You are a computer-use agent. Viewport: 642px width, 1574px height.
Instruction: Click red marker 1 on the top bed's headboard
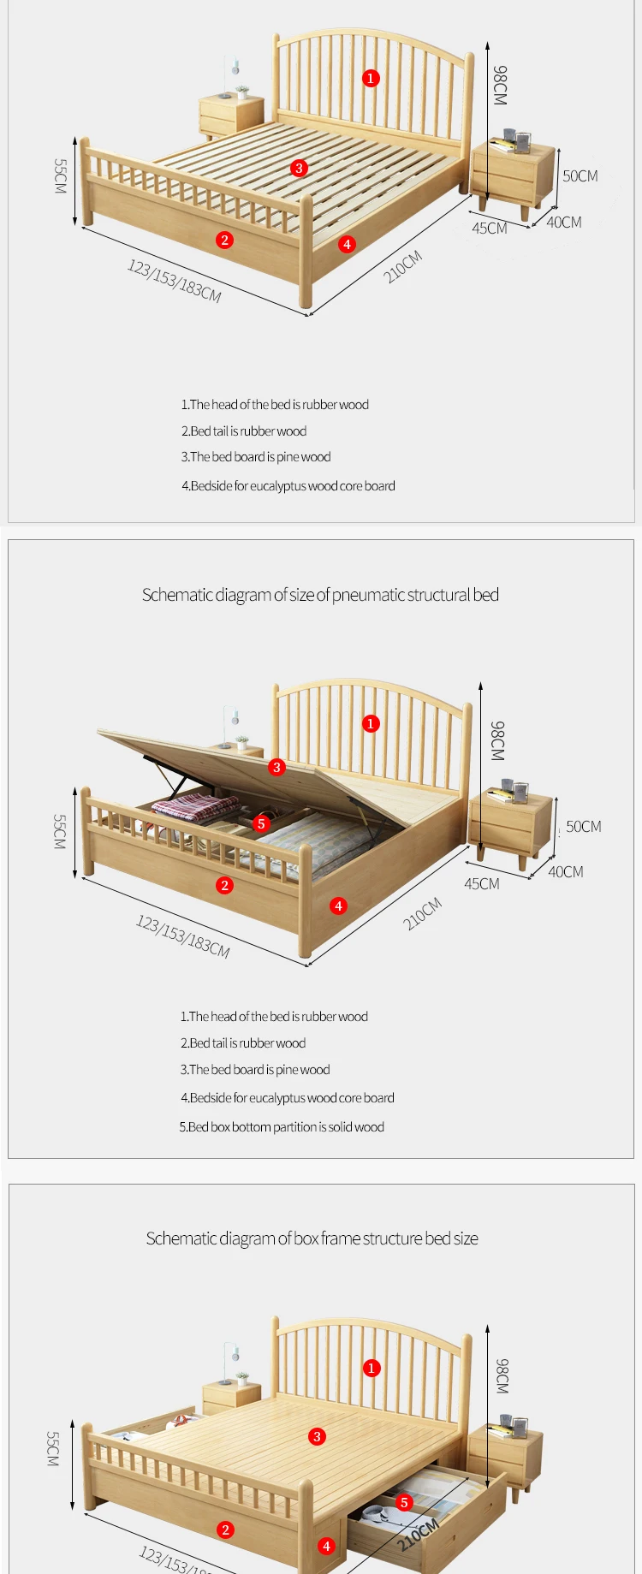click(x=371, y=78)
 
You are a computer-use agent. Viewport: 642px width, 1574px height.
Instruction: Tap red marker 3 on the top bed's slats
click(x=299, y=168)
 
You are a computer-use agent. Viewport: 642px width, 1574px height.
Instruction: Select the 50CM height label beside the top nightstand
click(x=580, y=176)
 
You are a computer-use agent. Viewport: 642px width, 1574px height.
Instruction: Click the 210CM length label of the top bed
click(x=402, y=267)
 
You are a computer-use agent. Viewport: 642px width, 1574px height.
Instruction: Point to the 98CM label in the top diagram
click(x=500, y=86)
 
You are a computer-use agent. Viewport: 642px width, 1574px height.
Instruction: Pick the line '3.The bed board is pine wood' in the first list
click(x=255, y=457)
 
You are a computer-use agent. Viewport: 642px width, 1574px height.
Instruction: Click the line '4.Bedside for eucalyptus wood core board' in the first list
click(x=288, y=486)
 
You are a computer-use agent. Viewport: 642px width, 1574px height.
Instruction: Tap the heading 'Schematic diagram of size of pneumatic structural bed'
click(x=320, y=595)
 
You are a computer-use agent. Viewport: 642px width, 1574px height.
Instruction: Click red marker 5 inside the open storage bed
click(x=262, y=823)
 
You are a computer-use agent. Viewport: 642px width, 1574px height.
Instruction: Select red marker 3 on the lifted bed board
click(x=276, y=767)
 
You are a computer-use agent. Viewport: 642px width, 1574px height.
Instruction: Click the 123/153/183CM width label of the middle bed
click(x=182, y=935)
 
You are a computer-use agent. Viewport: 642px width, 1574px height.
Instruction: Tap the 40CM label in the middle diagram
click(x=565, y=872)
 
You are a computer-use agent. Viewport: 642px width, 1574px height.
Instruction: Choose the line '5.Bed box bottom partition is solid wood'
click(x=282, y=1127)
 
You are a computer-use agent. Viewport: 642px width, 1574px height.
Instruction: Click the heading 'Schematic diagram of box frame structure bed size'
click(x=312, y=1238)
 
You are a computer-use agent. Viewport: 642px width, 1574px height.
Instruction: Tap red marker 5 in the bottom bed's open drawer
click(x=404, y=1502)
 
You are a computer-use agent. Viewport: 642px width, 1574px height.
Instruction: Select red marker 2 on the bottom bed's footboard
click(x=226, y=1529)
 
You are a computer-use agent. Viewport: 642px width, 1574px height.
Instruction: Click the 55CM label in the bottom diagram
click(x=53, y=1449)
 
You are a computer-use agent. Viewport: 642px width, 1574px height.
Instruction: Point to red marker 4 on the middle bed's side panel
click(x=339, y=906)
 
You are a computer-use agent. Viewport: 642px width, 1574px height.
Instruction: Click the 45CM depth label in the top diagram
click(x=489, y=229)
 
